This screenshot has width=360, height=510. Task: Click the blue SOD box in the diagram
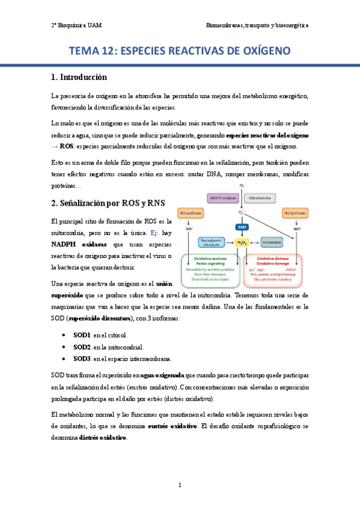(x=242, y=227)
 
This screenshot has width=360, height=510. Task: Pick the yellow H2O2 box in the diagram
(x=242, y=242)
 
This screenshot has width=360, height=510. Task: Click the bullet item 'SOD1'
(x=82, y=334)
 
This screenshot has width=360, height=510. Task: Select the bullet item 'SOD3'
(x=82, y=358)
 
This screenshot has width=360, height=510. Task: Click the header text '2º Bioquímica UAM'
(x=76, y=26)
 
